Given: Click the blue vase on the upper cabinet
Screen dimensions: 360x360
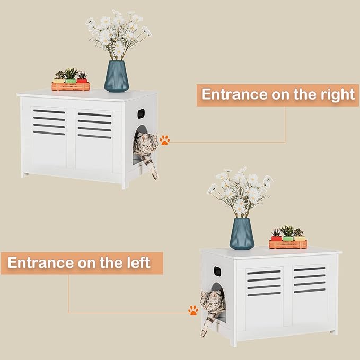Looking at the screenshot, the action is (117, 76).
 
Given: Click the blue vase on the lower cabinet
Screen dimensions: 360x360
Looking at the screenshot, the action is (242, 234).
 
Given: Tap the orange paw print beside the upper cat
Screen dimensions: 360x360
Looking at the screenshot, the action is (164, 140).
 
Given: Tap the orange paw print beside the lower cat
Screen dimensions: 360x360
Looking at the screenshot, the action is (193, 310).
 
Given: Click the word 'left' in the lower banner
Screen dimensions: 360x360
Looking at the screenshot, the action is (139, 262).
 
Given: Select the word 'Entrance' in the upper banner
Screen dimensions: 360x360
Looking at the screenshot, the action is (234, 94).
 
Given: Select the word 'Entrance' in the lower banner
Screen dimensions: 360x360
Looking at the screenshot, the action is (41, 262).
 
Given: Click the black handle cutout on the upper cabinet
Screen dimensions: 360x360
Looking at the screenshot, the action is (141, 113).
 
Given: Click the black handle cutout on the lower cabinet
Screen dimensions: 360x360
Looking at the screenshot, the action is (217, 271).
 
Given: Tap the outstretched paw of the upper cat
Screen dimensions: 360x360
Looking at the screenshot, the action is (155, 175).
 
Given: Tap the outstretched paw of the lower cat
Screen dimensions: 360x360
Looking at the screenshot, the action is (204, 332).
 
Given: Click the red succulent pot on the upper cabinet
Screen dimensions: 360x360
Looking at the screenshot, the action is (82, 81).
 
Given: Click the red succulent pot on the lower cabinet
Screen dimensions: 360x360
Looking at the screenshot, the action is (276, 238).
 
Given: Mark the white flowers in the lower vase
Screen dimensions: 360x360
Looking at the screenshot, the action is (240, 192).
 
